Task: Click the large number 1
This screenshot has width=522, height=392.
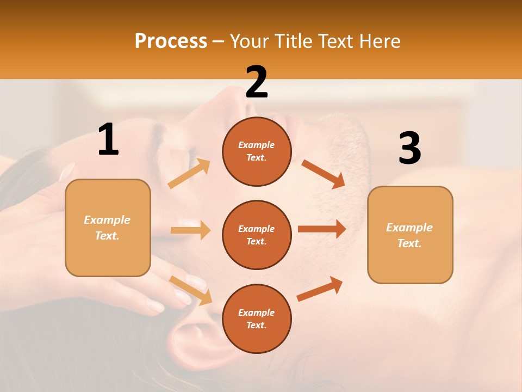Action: click(108, 140)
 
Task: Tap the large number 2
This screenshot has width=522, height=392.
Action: click(257, 82)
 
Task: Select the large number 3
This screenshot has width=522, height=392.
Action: click(409, 149)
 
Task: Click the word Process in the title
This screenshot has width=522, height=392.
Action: click(171, 41)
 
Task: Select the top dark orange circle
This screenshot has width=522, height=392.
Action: click(257, 151)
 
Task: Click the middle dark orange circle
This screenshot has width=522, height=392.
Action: click(257, 235)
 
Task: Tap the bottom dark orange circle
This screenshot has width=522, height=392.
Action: click(257, 318)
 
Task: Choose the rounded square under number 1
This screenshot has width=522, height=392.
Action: click(108, 228)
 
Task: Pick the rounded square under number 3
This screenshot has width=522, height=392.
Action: click(410, 235)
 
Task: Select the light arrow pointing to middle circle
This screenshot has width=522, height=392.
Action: click(190, 230)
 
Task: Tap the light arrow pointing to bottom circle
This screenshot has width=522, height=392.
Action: click(191, 290)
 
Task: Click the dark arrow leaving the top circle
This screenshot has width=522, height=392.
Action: click(324, 174)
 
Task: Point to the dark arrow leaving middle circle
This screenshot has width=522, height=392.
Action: click(322, 229)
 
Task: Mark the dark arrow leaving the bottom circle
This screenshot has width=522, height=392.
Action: click(320, 289)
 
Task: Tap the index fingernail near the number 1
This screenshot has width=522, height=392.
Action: click(67, 171)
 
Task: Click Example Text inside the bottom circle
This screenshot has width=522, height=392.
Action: click(257, 318)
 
